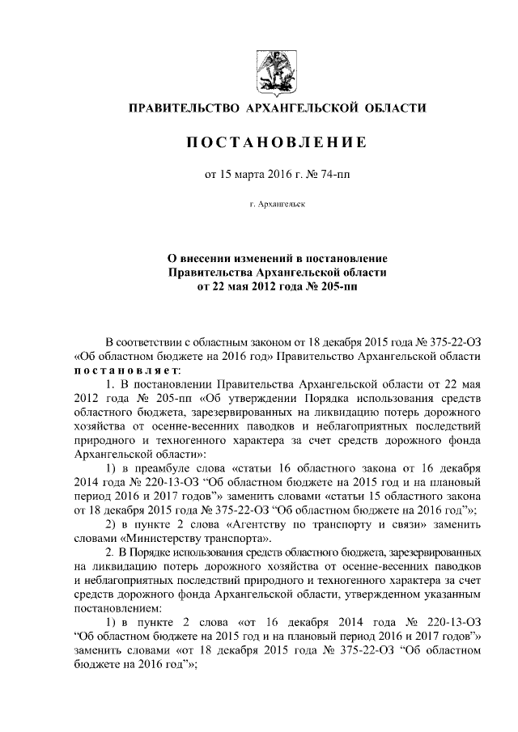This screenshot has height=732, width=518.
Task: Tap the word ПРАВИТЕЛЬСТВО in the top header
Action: (182, 108)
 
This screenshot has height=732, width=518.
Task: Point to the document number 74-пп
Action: (334, 172)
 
